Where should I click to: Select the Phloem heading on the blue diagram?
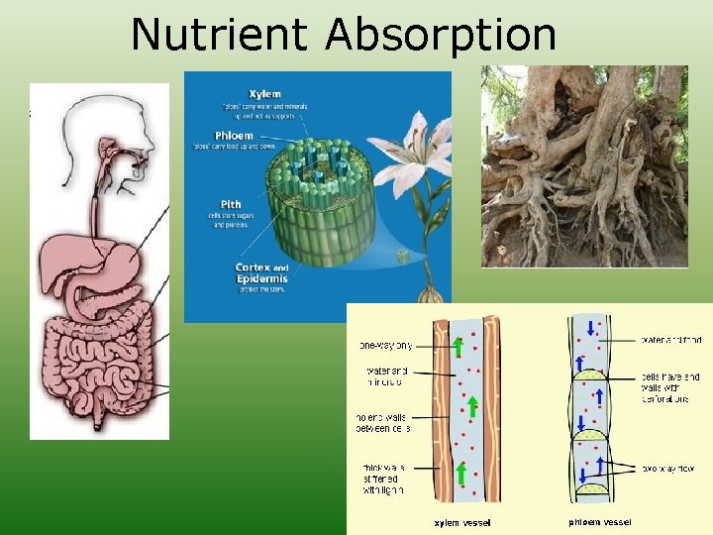(235, 136)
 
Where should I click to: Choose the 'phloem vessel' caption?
(599, 522)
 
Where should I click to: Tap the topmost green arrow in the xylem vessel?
(458, 347)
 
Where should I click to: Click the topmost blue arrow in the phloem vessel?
(590, 329)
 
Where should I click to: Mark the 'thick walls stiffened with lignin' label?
(382, 478)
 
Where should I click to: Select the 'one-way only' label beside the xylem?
(385, 346)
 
